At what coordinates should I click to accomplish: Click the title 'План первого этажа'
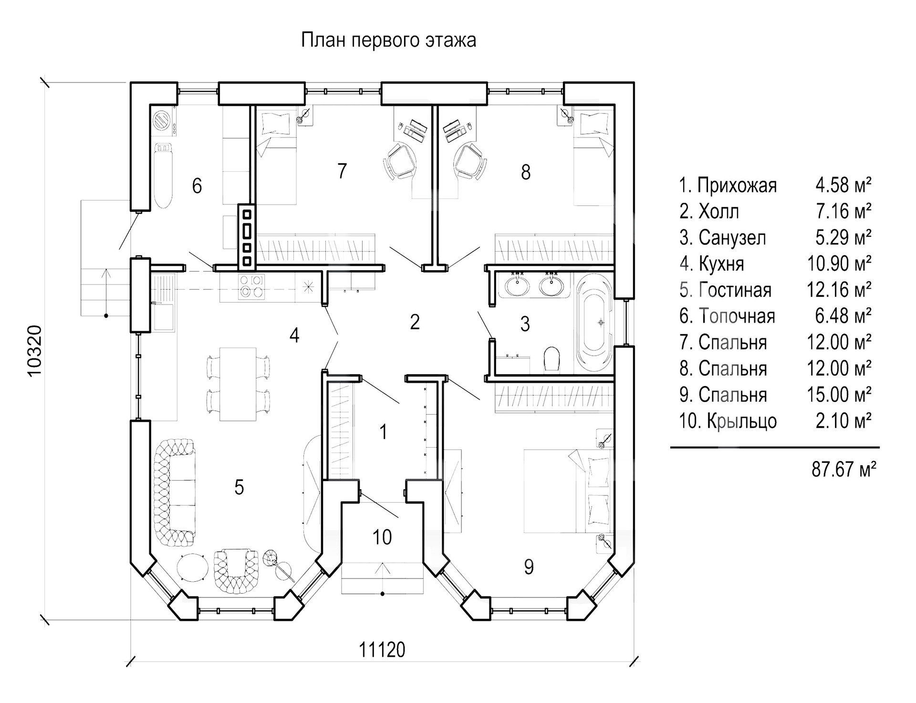(388, 41)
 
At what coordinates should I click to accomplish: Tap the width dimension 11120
(382, 650)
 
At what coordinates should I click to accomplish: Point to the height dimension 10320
(35, 351)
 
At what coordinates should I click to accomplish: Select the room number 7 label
(342, 171)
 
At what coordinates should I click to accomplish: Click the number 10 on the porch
(382, 537)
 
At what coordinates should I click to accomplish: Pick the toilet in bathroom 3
(552, 358)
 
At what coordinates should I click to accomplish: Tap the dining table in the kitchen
(238, 384)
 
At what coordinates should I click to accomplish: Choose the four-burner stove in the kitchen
(251, 286)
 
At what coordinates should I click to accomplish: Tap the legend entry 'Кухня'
(721, 263)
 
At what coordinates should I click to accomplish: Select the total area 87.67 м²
(843, 469)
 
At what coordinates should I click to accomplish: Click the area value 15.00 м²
(839, 395)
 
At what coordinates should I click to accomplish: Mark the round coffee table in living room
(193, 567)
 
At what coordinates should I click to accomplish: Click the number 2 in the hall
(415, 322)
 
